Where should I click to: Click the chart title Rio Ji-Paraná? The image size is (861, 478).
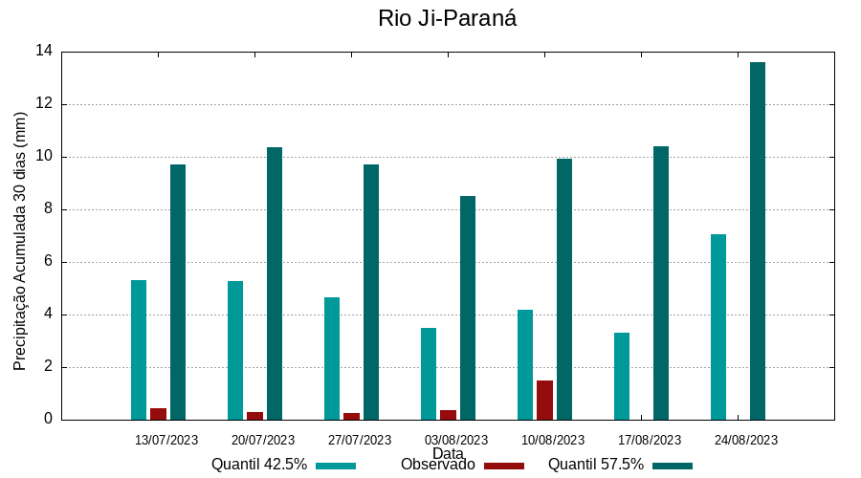tap(447, 18)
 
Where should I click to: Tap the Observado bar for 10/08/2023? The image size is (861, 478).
tap(544, 401)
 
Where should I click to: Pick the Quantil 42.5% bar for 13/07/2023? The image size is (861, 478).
tap(139, 350)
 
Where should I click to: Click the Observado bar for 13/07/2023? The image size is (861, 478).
tap(158, 414)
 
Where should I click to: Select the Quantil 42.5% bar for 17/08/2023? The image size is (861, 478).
tap(622, 376)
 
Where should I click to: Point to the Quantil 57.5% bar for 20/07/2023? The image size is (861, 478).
tap(275, 283)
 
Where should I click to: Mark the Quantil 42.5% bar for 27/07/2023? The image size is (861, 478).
tap(332, 358)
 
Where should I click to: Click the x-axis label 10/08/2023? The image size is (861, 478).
tap(553, 440)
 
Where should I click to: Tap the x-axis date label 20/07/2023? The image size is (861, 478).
tap(263, 440)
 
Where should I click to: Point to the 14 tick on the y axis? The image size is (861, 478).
tap(44, 52)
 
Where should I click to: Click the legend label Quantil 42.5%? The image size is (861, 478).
tap(259, 465)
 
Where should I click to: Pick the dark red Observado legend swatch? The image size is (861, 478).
tap(504, 466)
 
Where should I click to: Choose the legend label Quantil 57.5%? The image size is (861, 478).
tap(596, 465)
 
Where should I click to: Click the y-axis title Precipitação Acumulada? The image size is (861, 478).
tap(20, 241)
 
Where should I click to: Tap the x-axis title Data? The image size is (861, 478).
tap(448, 453)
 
